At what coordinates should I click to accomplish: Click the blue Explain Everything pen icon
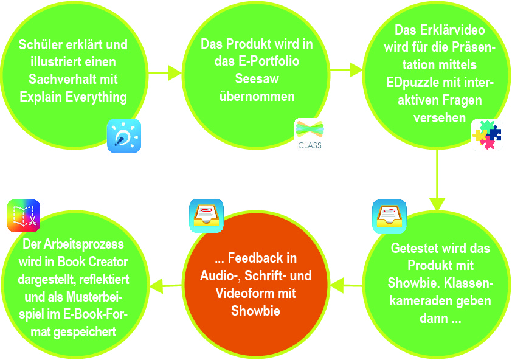coord(124,136)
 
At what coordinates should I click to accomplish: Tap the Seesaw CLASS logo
coord(310,134)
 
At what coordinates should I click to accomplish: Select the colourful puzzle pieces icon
coord(487,135)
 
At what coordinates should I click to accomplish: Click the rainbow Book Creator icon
coord(24,216)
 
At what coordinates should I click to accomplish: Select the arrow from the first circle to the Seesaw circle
coord(165,73)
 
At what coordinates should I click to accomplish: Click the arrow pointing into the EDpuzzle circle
coord(347,71)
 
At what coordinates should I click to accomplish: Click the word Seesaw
coord(257,79)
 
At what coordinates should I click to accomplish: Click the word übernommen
coord(257,97)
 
